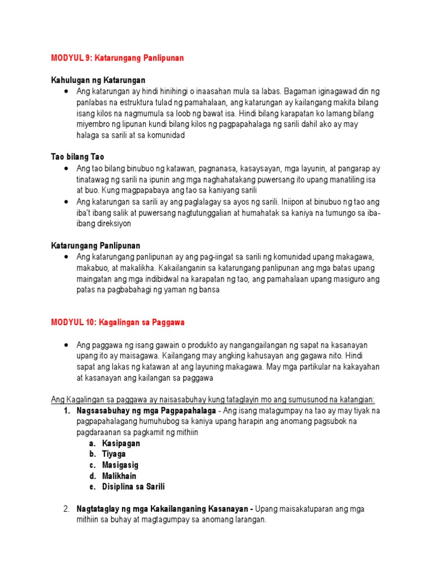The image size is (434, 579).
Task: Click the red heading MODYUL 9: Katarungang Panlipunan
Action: pos(117,58)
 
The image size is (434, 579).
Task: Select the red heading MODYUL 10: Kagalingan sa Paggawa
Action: pos(118,322)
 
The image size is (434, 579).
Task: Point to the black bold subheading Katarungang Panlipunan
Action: pos(96,245)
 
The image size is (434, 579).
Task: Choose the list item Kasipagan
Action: pos(121,443)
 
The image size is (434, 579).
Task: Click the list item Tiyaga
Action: pos(114,454)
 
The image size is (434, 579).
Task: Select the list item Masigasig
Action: pos(120,465)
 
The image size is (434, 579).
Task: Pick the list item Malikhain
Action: pos(119,476)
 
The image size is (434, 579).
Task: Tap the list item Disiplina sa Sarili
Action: pos(133,486)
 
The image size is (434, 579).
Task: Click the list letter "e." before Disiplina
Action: pos(92,486)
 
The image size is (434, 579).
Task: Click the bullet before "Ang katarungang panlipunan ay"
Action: pos(67,257)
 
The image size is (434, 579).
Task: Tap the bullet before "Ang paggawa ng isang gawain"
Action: pos(67,345)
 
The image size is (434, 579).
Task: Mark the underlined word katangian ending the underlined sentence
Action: pos(357,400)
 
